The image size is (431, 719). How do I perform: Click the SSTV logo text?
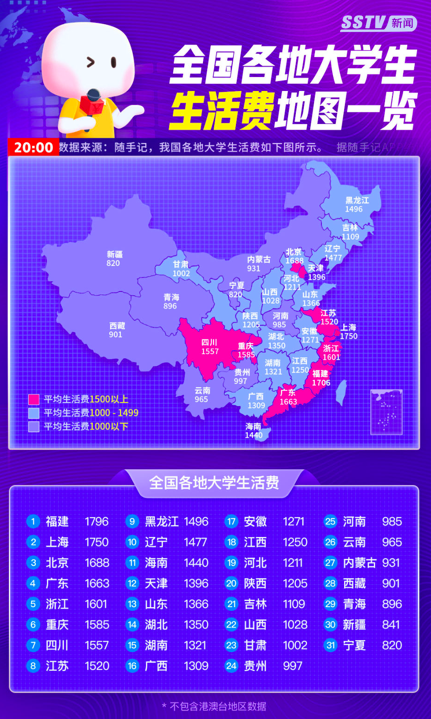364,22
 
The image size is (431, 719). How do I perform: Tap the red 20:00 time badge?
33,147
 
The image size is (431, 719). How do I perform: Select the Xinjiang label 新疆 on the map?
114,254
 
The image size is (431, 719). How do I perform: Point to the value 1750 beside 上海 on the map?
349,336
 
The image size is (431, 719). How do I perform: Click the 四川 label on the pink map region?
209,343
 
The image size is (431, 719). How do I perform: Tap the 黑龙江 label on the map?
357,201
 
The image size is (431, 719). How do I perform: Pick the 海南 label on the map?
253,427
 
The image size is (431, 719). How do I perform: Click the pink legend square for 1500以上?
34,399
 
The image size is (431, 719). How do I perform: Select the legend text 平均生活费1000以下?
86,426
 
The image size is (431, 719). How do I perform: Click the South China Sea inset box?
386,412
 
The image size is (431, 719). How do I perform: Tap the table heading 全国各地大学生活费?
214,483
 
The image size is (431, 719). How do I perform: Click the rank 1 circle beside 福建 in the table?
33,521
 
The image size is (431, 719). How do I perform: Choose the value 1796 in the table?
97,521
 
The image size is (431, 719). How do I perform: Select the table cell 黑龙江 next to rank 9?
162,521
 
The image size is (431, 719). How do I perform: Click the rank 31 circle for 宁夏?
330,645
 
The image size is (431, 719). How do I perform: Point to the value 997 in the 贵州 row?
293,666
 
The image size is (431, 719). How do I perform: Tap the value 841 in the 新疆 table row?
391,624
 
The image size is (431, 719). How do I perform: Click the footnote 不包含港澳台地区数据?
217,706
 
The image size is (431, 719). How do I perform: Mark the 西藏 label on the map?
117,326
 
